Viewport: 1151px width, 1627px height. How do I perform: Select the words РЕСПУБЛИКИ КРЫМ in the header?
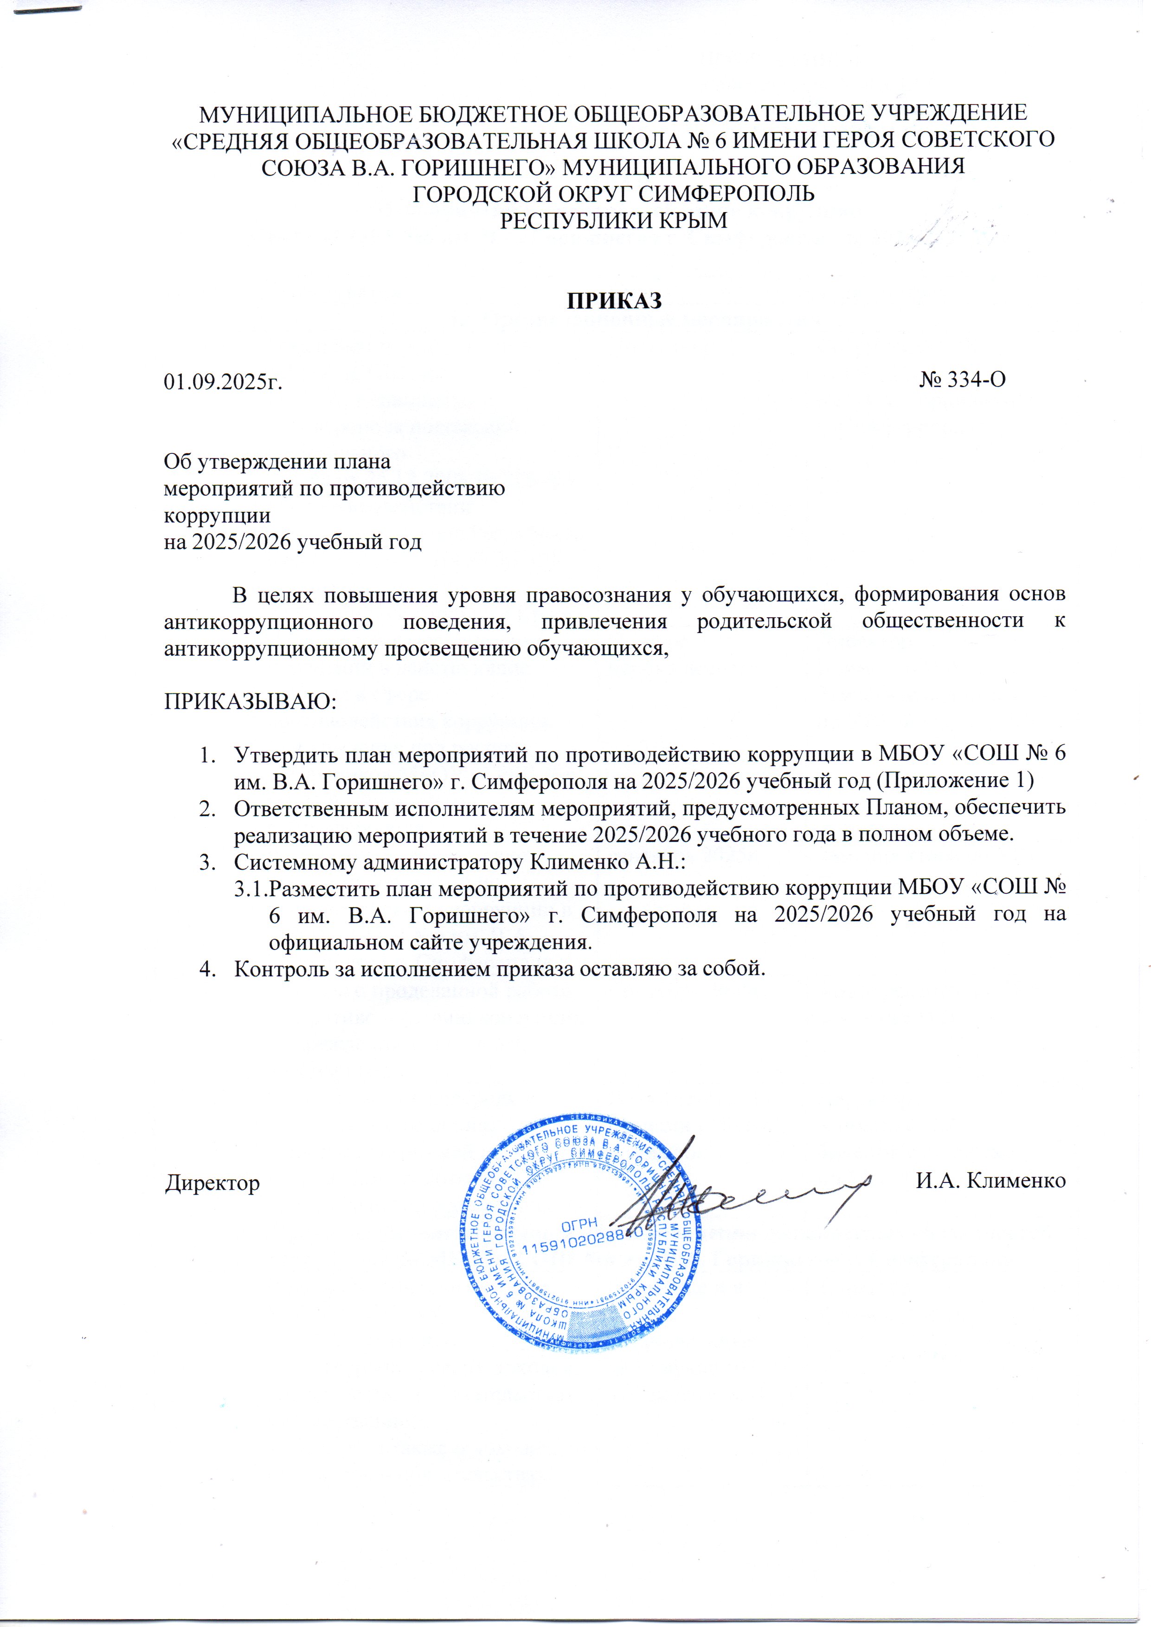click(614, 220)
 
